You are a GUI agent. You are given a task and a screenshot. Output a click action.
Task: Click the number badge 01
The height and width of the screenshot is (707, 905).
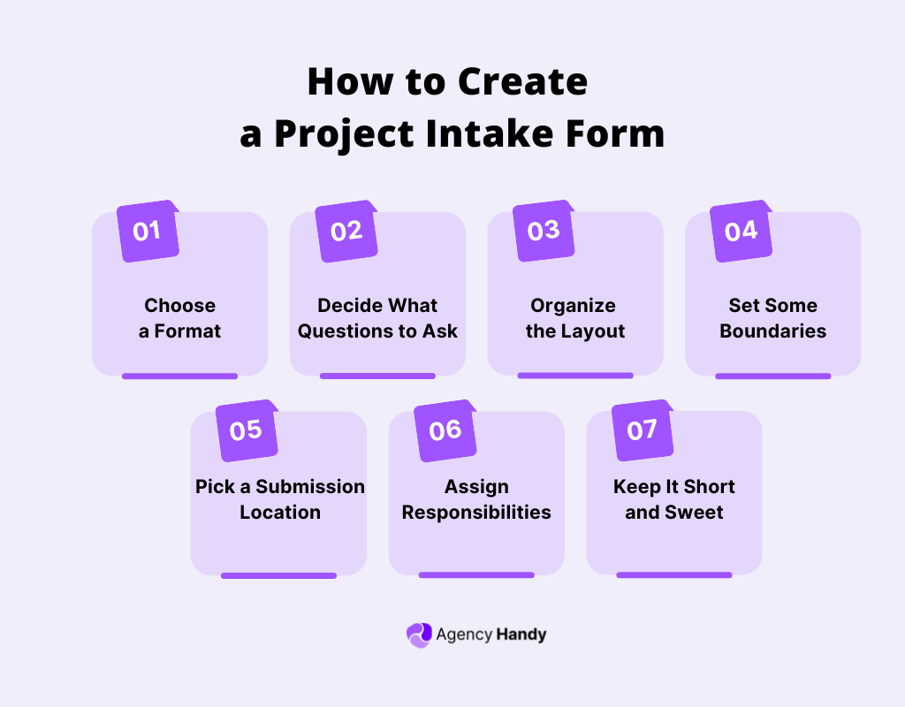coord(148,232)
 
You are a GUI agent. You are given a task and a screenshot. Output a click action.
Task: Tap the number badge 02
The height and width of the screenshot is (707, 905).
coord(346,232)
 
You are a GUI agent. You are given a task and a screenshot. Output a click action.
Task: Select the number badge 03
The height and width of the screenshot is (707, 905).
coord(544,231)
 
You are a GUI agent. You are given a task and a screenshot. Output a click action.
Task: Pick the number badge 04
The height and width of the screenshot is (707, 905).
coord(741,232)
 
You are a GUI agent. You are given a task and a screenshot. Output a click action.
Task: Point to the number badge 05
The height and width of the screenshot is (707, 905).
coord(246,430)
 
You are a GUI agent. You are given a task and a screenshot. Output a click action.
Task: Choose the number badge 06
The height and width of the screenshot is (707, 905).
coord(445,430)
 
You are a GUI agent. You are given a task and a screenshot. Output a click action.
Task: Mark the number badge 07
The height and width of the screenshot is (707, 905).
coord(643,430)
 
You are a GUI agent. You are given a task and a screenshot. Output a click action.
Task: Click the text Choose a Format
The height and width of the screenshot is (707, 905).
coord(180,318)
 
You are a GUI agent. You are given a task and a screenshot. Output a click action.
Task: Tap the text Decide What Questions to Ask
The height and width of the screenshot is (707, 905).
coord(377,318)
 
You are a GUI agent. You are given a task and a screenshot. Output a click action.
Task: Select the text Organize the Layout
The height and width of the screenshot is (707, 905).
coord(574,318)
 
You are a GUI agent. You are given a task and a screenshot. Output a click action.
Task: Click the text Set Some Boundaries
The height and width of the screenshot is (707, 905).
coord(772,318)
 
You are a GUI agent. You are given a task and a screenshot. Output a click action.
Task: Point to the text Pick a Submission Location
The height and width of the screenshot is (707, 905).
coord(279,499)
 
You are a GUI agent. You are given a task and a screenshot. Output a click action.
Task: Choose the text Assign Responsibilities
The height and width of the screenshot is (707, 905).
coord(476,499)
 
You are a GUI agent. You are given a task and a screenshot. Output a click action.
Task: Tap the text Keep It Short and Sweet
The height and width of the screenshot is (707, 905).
coord(674,499)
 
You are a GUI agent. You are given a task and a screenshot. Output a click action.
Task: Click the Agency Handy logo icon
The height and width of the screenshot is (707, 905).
coord(419,635)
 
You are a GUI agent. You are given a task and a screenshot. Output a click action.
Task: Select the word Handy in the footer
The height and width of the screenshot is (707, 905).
coord(521,635)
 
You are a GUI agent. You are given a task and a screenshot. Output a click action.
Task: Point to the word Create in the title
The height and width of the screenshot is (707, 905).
coord(522,81)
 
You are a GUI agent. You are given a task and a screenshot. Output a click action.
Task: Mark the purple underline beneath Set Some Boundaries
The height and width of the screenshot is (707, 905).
coord(772,376)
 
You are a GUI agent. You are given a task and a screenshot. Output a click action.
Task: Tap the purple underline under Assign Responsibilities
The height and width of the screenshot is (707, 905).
coord(476,575)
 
